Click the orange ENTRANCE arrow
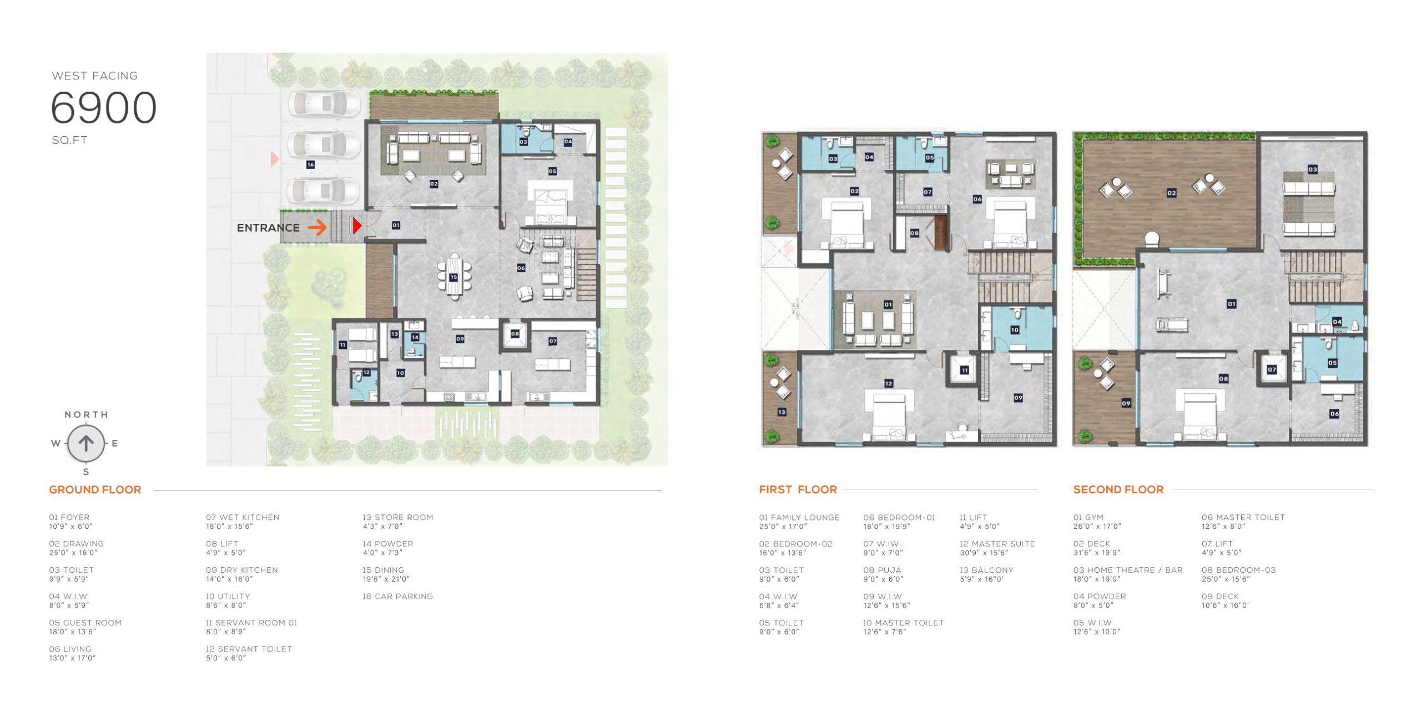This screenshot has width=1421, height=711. [x=317, y=227]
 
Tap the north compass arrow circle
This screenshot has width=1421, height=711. [x=85, y=443]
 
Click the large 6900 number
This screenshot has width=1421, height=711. [x=104, y=107]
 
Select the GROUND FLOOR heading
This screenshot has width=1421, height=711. [x=95, y=489]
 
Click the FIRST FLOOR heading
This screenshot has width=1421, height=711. [x=798, y=489]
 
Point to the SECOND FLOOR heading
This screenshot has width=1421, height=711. [x=1118, y=489]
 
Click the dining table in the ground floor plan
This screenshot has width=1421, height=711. [x=454, y=276]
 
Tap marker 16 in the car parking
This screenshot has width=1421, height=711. [x=310, y=164]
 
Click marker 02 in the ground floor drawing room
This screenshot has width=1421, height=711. [x=434, y=184]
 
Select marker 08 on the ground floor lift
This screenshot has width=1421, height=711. [x=515, y=334]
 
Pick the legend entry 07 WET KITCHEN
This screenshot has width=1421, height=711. [x=243, y=517]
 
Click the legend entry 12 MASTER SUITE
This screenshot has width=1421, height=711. [x=997, y=544]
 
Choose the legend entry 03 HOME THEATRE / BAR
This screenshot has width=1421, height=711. [x=1128, y=570]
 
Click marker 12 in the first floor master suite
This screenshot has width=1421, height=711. [x=888, y=383]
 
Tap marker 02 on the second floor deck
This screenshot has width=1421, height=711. [x=1171, y=193]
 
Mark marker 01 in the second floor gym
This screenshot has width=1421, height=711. [x=1231, y=304]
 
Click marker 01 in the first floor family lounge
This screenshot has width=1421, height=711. [x=888, y=304]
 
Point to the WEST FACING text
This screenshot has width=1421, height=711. [x=95, y=76]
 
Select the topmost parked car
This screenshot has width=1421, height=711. [x=324, y=103]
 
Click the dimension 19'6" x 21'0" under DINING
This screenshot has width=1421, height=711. [x=386, y=579]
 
